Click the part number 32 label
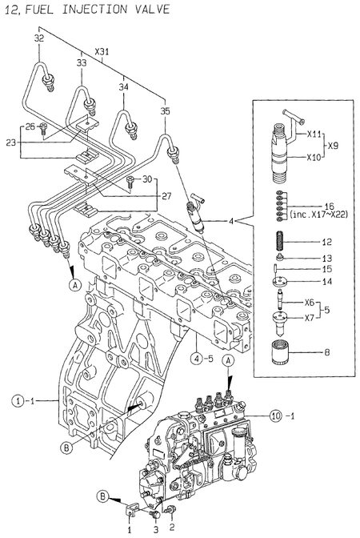[x=38, y=38]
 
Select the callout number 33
[x=82, y=62]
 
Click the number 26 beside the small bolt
[x=30, y=126]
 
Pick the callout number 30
[x=146, y=179]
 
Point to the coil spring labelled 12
[x=281, y=242]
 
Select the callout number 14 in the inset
[x=326, y=282]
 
